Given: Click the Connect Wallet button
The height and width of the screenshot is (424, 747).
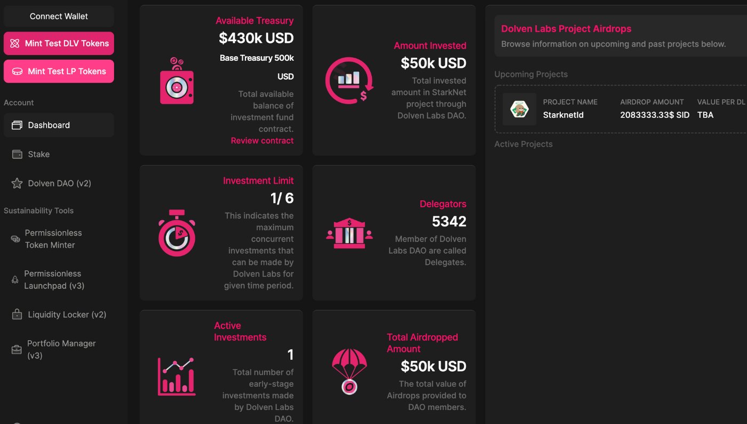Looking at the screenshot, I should point(59,17).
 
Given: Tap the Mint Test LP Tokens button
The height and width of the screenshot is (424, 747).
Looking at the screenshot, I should point(59,72).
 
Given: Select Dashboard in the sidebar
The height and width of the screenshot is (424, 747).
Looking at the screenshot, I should point(59,125).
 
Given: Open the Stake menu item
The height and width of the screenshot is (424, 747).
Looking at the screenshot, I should point(38,154).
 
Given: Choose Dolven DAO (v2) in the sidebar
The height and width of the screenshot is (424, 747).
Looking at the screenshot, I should point(59,183).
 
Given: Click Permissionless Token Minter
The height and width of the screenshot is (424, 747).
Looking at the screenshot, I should point(53,239).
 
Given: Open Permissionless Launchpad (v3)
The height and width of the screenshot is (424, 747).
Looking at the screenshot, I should point(54,280).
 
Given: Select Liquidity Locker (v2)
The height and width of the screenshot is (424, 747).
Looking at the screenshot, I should point(67,315).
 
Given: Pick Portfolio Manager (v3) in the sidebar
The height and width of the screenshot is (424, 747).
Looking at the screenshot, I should point(61,349).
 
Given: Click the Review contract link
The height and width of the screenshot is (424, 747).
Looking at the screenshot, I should point(262,140).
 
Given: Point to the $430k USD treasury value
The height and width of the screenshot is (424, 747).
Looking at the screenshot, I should point(256,38).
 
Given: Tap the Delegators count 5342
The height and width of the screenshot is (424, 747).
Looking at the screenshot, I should point(449,221).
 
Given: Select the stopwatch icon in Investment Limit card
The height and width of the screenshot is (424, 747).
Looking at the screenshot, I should point(177,233).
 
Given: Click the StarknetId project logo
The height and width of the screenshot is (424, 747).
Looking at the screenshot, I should point(519,109).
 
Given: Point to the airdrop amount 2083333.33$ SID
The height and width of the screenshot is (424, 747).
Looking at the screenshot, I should point(655,115).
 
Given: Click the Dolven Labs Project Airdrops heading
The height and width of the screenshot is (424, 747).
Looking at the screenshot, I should point(566,29).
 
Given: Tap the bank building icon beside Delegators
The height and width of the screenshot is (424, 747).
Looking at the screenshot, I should point(349,233).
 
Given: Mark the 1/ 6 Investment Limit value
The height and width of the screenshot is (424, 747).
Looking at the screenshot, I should point(282,198).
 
